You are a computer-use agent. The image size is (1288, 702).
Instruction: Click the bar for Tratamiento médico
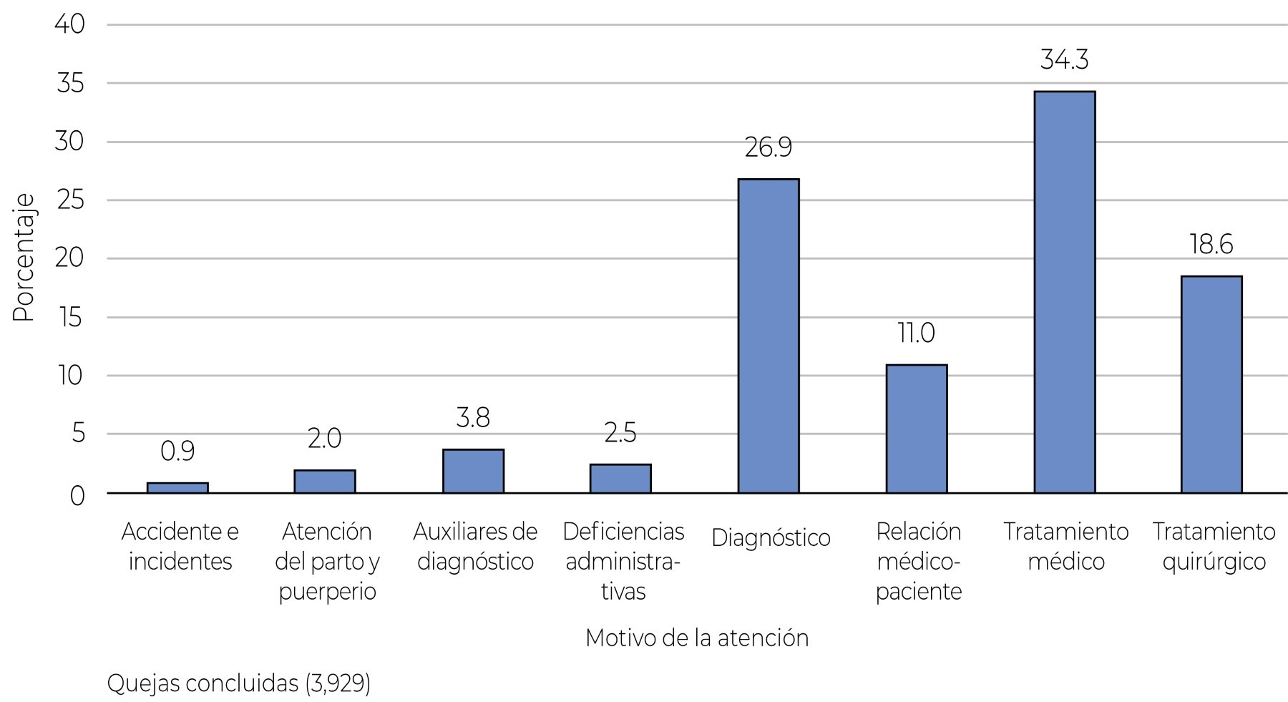[1065, 292]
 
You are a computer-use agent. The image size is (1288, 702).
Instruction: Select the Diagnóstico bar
[769, 336]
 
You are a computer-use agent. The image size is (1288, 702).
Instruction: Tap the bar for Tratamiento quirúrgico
[1211, 384]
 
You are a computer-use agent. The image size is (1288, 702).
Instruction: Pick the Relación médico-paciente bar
[917, 429]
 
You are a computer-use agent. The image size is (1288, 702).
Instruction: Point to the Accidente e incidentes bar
[177, 487]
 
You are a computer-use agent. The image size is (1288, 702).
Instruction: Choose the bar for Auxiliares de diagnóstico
[473, 471]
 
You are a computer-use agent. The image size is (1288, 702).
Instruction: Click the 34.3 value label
[1065, 60]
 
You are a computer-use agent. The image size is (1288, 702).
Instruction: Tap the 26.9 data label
[769, 148]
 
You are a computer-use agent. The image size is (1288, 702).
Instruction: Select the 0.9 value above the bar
[177, 452]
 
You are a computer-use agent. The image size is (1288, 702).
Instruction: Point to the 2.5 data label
[620, 434]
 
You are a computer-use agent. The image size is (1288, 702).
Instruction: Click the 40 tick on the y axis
[69, 24]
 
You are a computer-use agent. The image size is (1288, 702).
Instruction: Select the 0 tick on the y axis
[77, 495]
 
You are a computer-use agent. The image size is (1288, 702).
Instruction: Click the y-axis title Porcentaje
[23, 258]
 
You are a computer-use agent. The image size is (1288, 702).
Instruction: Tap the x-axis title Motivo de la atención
[697, 638]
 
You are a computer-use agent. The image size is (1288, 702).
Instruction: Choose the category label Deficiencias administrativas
[623, 562]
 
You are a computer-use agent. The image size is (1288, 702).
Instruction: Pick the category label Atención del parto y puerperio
[327, 562]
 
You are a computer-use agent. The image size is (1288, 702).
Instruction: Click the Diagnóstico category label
[771, 538]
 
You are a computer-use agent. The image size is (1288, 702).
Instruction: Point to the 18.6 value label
[1211, 245]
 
